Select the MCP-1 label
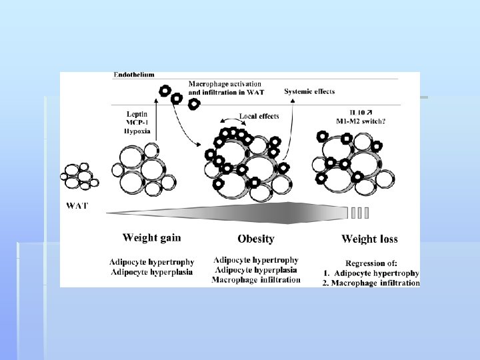pyautogui.click(x=137, y=123)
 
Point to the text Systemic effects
pyautogui.click(x=309, y=91)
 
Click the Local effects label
pyautogui.click(x=259, y=116)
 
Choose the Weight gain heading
pyautogui.click(x=151, y=237)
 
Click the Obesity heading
pyautogui.click(x=255, y=239)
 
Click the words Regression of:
pyautogui.click(x=371, y=263)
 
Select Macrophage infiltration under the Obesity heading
pyautogui.click(x=256, y=280)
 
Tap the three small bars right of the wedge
pyautogui.click(x=359, y=213)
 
